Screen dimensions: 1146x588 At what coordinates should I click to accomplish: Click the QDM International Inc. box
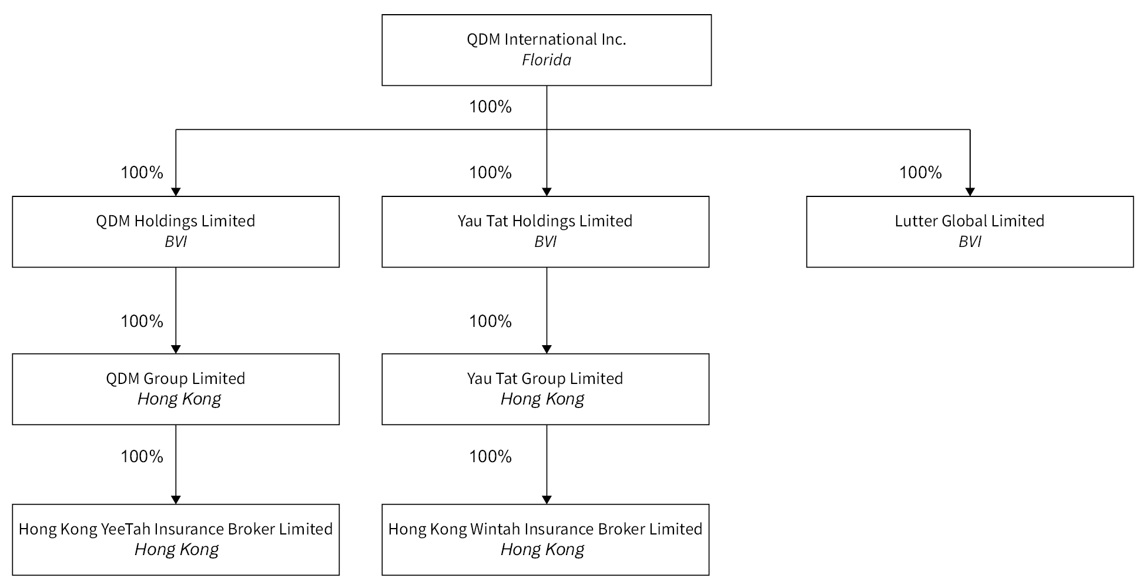pyautogui.click(x=547, y=50)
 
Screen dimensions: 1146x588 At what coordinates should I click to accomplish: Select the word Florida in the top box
pyautogui.click(x=547, y=60)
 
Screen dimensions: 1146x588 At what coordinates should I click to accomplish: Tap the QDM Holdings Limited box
pyautogui.click(x=176, y=232)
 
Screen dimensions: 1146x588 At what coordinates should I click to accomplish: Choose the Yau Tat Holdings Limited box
pyautogui.click(x=545, y=232)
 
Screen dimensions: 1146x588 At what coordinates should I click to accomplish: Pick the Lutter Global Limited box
pyautogui.click(x=970, y=232)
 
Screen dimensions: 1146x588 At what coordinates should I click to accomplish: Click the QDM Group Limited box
pyautogui.click(x=176, y=389)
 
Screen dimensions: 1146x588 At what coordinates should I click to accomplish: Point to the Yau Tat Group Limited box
pyautogui.click(x=545, y=389)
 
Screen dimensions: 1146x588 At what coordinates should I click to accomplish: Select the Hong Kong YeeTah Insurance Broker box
pyautogui.click(x=176, y=540)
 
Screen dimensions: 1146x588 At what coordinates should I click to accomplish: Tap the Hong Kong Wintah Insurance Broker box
pyautogui.click(x=545, y=540)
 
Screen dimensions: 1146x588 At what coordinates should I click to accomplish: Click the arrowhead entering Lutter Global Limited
pyautogui.click(x=970, y=192)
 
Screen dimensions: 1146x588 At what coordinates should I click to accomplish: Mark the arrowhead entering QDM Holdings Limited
pyautogui.click(x=176, y=192)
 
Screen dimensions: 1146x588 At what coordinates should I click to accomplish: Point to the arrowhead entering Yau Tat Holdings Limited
pyautogui.click(x=547, y=192)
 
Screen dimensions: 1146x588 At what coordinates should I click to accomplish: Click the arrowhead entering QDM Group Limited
pyautogui.click(x=176, y=349)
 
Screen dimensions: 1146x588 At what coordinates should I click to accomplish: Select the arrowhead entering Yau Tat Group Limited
pyautogui.click(x=547, y=349)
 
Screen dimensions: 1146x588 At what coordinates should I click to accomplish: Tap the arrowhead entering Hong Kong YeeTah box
pyautogui.click(x=176, y=500)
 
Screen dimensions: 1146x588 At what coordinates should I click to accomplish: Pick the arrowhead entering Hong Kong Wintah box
pyautogui.click(x=547, y=500)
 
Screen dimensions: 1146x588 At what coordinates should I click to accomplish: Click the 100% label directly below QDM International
pyautogui.click(x=490, y=107)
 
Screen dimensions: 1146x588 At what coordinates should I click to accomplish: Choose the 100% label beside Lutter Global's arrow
pyautogui.click(x=920, y=173)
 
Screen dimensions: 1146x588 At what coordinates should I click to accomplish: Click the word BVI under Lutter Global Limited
pyautogui.click(x=970, y=242)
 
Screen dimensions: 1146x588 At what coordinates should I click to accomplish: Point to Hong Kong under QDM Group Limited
pyautogui.click(x=179, y=399)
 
